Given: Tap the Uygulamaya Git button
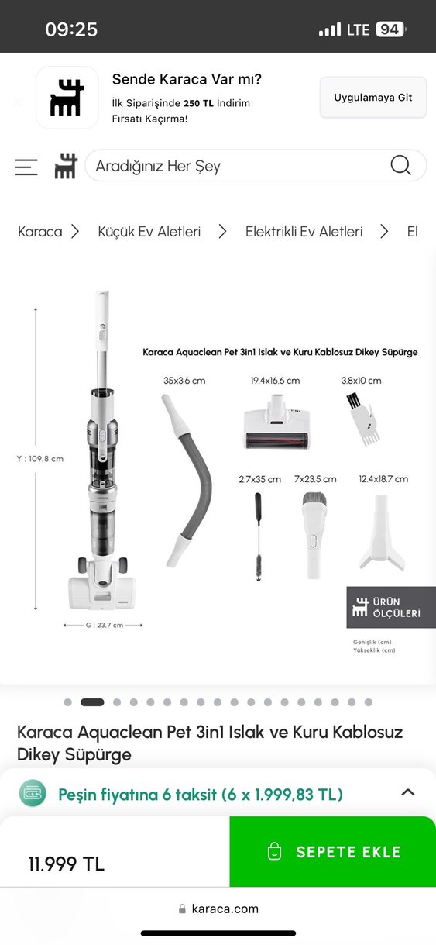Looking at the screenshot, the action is click(x=372, y=98).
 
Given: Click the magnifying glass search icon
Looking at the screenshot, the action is click(x=400, y=165).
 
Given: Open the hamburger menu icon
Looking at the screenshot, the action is click(x=26, y=167).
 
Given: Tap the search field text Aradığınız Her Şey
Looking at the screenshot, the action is click(x=158, y=166).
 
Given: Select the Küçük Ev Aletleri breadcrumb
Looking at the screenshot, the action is click(x=149, y=232).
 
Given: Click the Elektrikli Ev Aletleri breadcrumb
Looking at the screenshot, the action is click(x=304, y=232).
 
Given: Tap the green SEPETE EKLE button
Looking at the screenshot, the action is click(x=333, y=851).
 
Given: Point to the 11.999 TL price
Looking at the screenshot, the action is click(x=66, y=864).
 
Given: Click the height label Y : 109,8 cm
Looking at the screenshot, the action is click(x=40, y=459).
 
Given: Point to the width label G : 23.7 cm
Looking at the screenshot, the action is click(x=105, y=625).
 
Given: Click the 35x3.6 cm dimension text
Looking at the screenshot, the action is click(x=184, y=381).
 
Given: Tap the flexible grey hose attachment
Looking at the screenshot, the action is click(x=187, y=480).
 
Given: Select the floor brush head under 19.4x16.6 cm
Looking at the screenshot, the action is click(x=276, y=422).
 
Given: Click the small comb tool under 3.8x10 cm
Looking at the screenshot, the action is click(x=363, y=419).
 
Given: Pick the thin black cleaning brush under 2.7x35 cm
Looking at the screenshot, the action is click(x=258, y=536).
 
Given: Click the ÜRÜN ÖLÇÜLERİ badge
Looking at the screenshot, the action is click(x=391, y=607).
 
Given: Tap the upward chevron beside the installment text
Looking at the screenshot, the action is click(x=408, y=792).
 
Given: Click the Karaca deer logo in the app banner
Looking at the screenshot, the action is click(x=67, y=98).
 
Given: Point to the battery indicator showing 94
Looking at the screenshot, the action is click(x=390, y=29).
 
